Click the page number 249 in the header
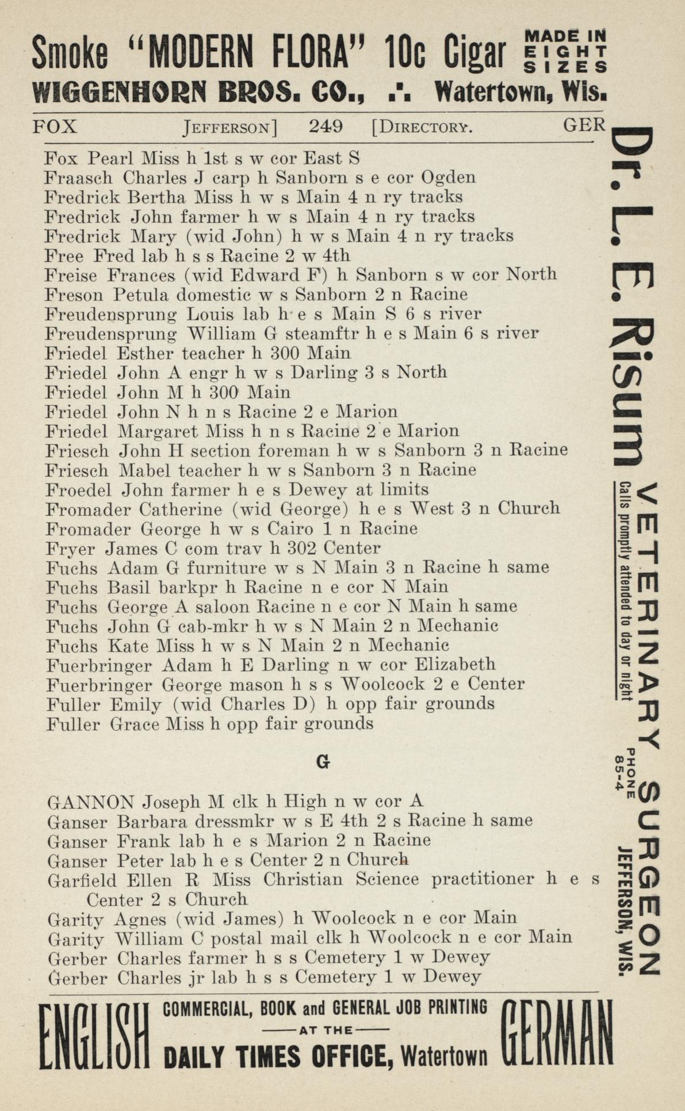326,126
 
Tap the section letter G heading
323,762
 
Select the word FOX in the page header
55,126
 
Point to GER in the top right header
584,125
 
